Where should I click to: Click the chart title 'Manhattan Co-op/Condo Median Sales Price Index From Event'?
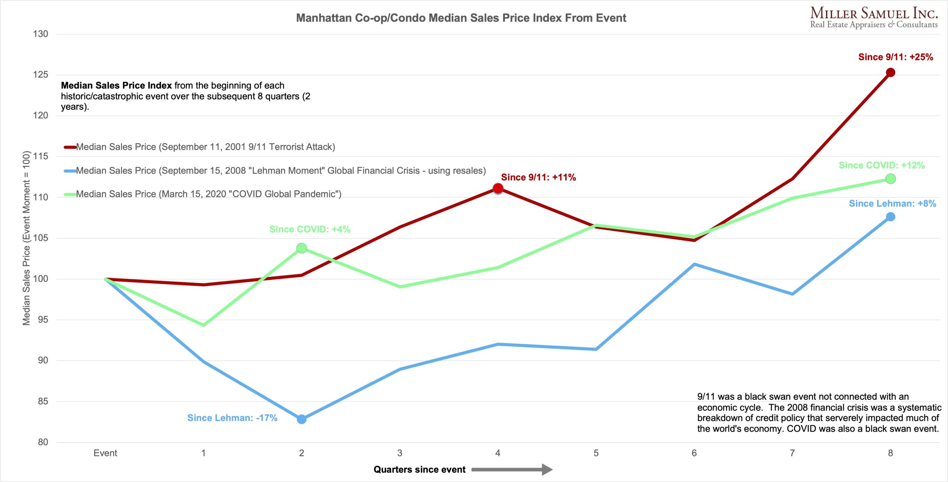coord(461,18)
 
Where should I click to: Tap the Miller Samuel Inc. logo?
coord(874,18)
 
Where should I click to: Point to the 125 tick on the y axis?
coord(41,75)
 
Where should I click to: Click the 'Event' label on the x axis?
coord(105,453)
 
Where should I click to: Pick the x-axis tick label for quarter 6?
coord(694,453)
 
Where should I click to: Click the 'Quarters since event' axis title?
coord(419,470)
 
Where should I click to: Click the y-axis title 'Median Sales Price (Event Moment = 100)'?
coord(26,238)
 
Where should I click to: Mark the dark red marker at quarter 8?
coord(890,73)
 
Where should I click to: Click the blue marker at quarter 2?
coord(301,419)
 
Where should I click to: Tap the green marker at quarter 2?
coord(301,248)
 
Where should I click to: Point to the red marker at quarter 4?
coord(498,188)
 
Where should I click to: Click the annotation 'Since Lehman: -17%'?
coord(232,418)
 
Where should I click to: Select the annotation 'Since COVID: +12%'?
coord(881,165)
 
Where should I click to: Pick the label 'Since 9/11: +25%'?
coord(895,57)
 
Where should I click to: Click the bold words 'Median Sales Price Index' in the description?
coord(116,86)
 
